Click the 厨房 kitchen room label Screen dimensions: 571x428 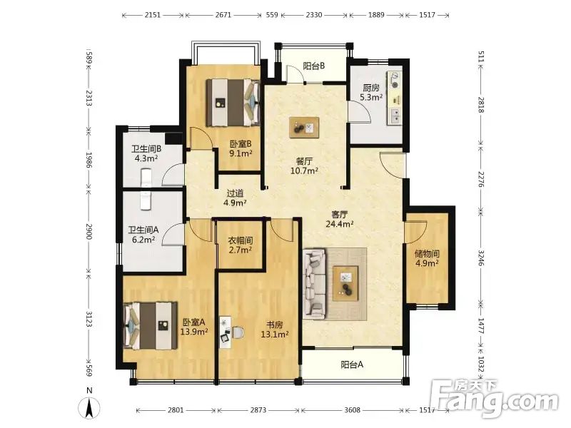pos(371,88)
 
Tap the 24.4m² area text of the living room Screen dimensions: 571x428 pos(340,224)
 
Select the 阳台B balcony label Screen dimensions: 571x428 pos(314,66)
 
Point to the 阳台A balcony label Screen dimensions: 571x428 pos(352,365)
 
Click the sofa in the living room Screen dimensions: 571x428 pos(314,284)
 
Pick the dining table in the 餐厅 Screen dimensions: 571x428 pos(304,128)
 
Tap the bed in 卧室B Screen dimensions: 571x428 pos(233,103)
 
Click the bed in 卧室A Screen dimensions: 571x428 pos(151,325)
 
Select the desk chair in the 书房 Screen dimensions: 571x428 pos(238,332)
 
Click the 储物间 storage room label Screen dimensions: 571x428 pos(427,253)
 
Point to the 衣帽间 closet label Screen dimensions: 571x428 pos(241,240)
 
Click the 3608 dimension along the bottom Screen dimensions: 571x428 pos(352,410)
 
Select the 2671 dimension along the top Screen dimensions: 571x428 pos(223,15)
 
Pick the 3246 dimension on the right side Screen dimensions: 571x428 pos(481,258)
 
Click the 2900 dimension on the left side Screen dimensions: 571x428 pos(89,231)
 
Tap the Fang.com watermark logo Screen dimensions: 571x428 pos(494,398)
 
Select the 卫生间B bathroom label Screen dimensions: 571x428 pos(146,149)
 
